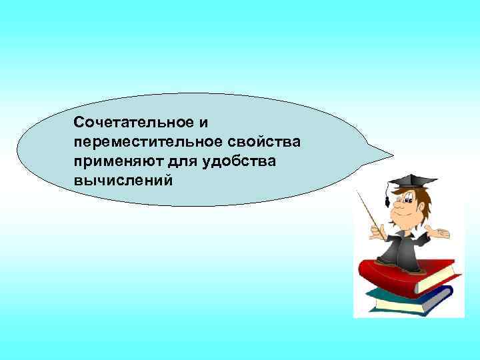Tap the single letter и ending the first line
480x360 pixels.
pos(203,123)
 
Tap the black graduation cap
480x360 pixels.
pos(413,181)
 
